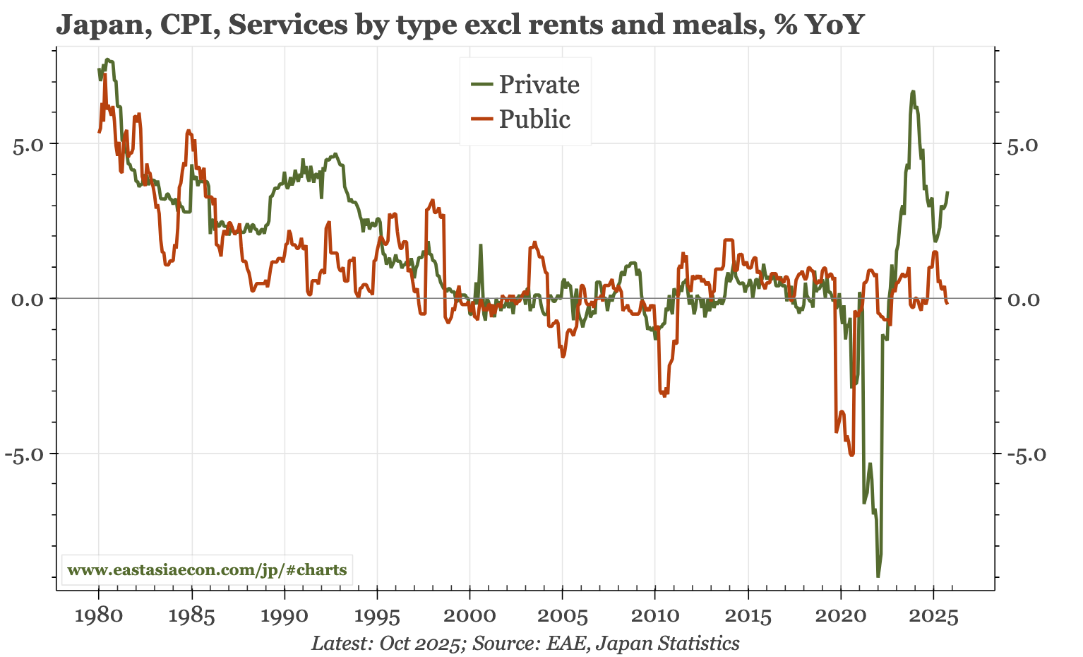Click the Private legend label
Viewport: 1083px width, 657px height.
coord(539,85)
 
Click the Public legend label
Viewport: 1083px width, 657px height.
coord(534,119)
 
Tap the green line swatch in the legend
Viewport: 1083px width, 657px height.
coord(481,85)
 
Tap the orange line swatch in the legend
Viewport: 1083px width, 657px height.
coord(481,119)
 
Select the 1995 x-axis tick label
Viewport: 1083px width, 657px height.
coord(377,615)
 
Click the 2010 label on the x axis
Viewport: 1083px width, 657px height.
coord(654,615)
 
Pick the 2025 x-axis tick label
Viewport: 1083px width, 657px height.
coord(933,615)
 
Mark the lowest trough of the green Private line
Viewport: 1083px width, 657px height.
coord(878,576)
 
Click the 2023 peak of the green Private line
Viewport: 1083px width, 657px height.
coord(913,91)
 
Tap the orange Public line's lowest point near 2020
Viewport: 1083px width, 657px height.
coord(852,455)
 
